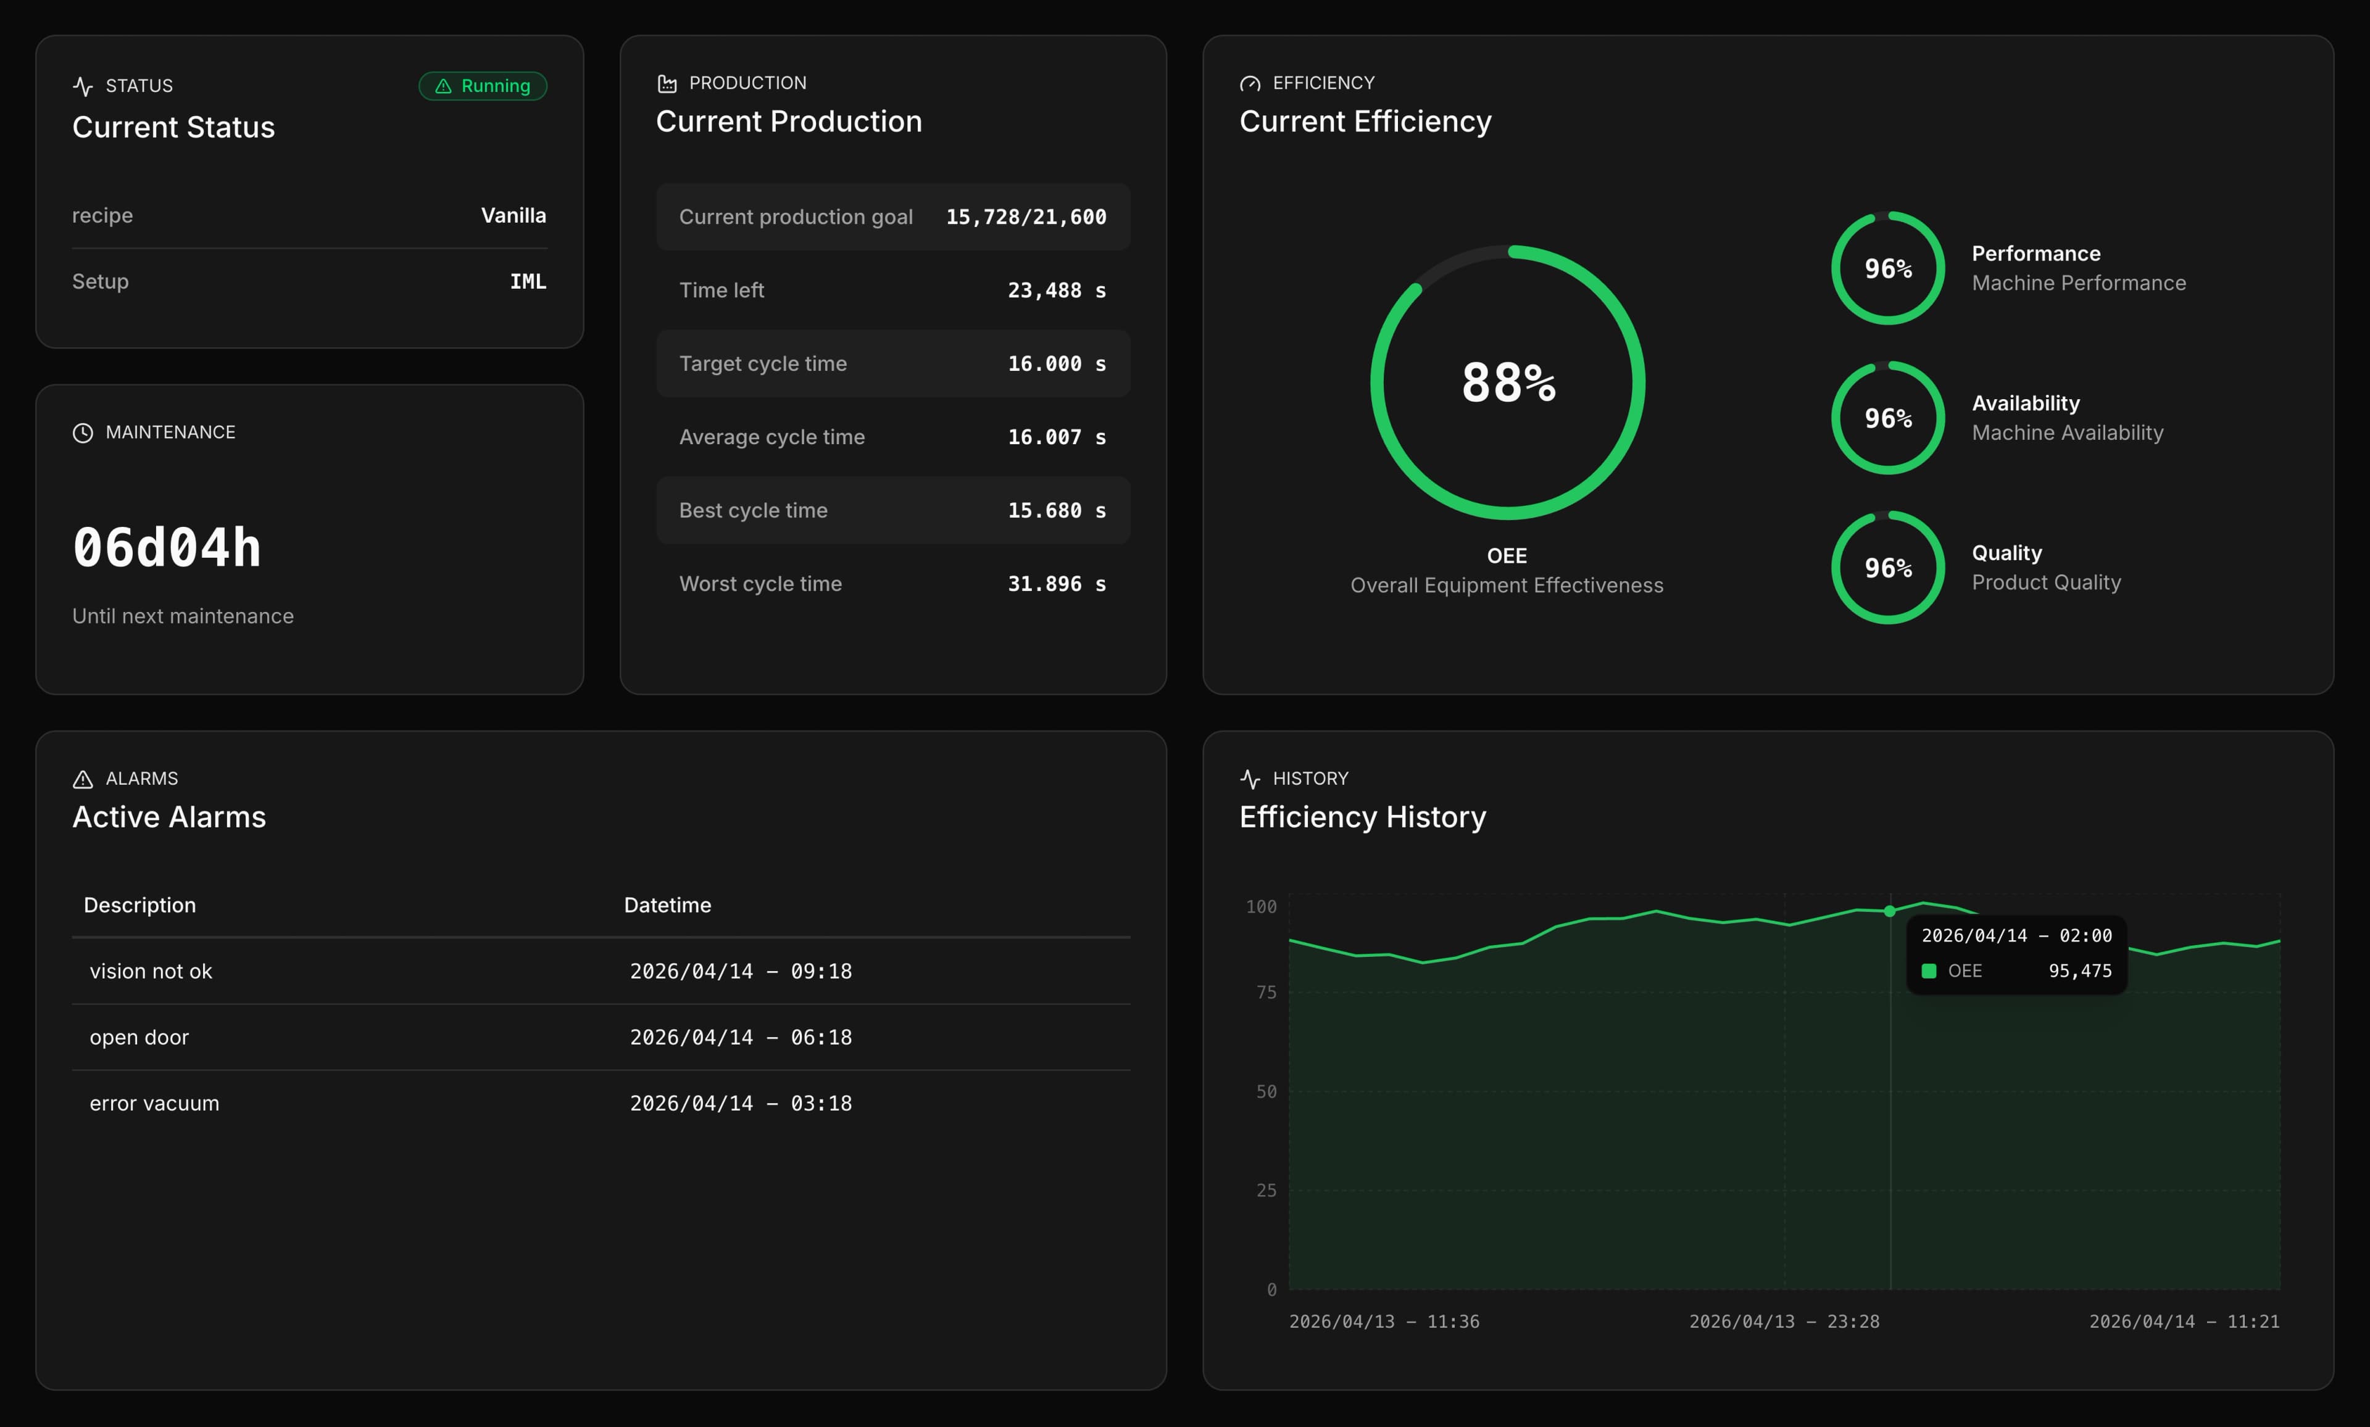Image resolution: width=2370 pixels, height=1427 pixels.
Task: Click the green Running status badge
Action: (483, 86)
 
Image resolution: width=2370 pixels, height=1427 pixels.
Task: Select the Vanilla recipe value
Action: (513, 215)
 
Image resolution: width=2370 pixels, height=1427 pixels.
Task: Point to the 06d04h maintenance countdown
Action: (167, 548)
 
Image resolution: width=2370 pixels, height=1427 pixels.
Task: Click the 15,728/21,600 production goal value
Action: (1025, 217)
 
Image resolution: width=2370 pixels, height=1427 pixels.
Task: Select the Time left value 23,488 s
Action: (1056, 291)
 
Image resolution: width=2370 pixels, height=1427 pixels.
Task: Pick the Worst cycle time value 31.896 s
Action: (1056, 584)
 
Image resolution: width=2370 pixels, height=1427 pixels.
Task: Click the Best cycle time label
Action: (753, 511)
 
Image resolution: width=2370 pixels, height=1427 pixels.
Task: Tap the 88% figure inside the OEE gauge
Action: (1507, 383)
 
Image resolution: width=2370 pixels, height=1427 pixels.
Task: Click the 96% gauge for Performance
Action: (1887, 268)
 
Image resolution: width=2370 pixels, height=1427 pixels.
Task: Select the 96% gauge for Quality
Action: (1887, 568)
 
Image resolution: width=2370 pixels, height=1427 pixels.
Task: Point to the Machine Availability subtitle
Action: (2067, 432)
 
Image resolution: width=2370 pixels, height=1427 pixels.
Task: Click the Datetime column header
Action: (668, 905)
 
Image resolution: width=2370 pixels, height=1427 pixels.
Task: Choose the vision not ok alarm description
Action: (151, 971)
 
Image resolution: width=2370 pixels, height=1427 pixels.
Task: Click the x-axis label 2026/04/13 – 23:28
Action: (1783, 1322)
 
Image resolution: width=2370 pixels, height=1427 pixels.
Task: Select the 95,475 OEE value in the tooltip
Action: (2079, 971)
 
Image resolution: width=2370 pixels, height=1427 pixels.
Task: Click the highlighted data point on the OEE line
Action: (1890, 911)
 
